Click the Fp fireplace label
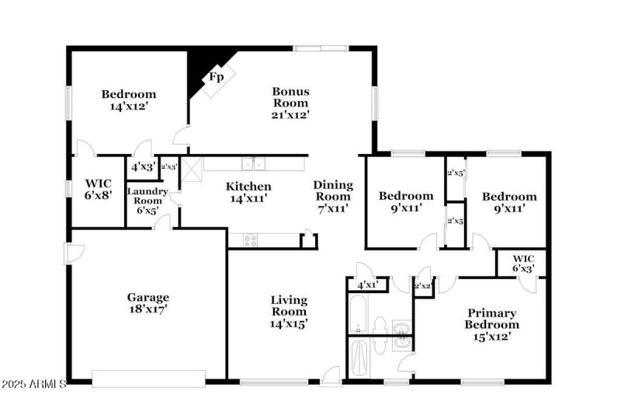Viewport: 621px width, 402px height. click(x=216, y=77)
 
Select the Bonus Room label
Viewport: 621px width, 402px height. click(x=290, y=103)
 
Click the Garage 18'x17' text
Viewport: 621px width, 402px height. click(x=147, y=302)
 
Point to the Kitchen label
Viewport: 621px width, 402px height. click(x=248, y=192)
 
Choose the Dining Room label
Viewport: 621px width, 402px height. click(x=333, y=196)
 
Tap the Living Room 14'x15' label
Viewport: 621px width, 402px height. click(x=289, y=311)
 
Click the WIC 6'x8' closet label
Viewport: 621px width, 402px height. click(x=99, y=190)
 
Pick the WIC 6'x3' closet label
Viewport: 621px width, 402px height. click(x=522, y=263)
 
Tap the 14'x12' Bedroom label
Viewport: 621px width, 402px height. click(x=129, y=100)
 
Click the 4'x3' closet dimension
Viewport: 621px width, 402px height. click(x=142, y=166)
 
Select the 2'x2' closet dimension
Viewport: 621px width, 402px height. click(x=423, y=286)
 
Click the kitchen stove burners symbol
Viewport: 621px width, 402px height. click(x=250, y=240)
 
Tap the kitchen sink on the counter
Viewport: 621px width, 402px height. click(x=252, y=164)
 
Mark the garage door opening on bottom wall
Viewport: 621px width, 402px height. click(x=148, y=379)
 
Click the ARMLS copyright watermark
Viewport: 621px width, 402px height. click(x=34, y=385)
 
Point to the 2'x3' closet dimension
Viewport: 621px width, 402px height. click(x=169, y=166)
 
